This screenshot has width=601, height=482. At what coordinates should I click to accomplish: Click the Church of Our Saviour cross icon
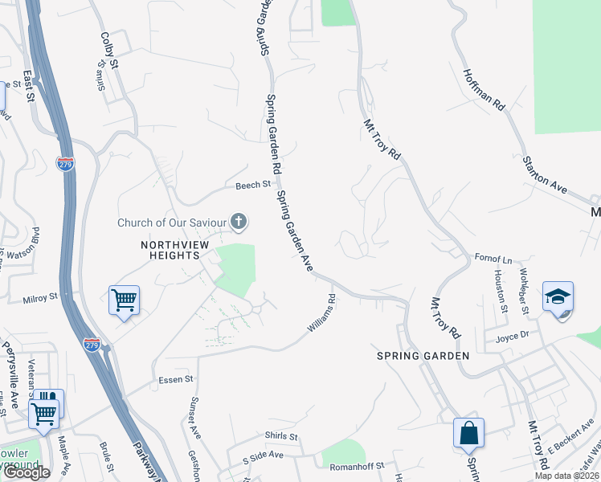(x=238, y=221)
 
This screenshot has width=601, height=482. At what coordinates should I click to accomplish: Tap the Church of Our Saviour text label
(x=172, y=223)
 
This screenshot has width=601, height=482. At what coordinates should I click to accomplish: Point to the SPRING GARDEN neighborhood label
(x=423, y=355)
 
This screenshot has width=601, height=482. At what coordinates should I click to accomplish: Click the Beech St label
(x=253, y=186)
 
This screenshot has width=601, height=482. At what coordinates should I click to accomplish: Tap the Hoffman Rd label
(x=483, y=89)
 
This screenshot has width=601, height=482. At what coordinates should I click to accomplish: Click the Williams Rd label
(x=321, y=312)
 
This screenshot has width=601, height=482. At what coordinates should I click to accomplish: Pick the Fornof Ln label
(x=494, y=259)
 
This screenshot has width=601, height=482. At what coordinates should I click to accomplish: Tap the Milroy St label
(x=41, y=296)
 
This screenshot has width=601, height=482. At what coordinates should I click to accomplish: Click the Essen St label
(x=177, y=379)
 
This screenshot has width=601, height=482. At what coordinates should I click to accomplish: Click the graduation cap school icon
(x=558, y=296)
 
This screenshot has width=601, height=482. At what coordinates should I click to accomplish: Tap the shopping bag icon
(x=468, y=433)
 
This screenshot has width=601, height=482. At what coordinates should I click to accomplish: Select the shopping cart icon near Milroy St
(x=124, y=300)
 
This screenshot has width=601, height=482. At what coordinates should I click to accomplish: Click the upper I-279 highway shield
(x=66, y=162)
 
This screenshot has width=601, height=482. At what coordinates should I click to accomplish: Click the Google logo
(x=27, y=472)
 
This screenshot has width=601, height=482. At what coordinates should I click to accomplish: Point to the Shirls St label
(x=281, y=436)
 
